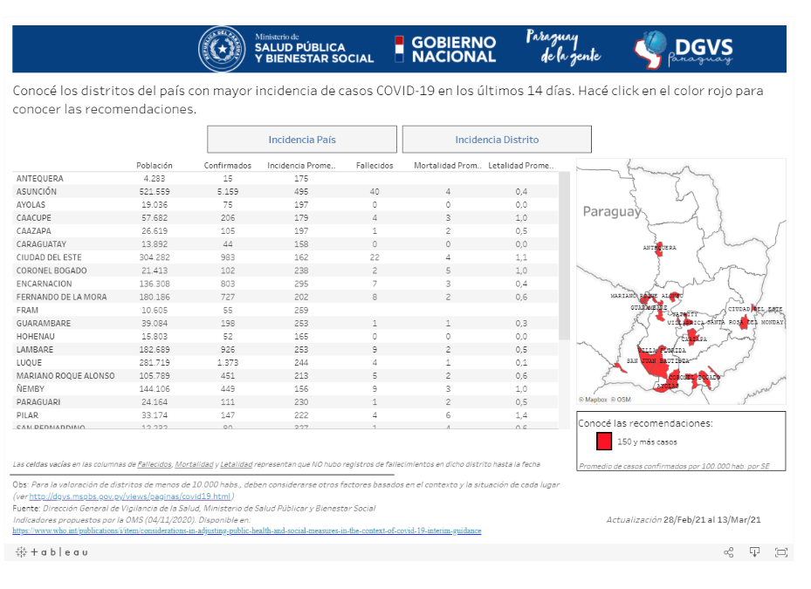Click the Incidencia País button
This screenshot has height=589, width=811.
pyautogui.click(x=301, y=140)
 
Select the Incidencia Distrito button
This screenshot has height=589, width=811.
pyautogui.click(x=497, y=140)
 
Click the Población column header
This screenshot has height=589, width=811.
pyautogui.click(x=155, y=165)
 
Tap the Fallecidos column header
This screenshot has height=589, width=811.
pyautogui.click(x=375, y=165)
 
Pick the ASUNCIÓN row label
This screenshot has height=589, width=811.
pyautogui.click(x=37, y=191)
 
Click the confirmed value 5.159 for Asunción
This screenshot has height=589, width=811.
pyautogui.click(x=228, y=191)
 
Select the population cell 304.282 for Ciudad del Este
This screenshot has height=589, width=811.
pyautogui.click(x=155, y=257)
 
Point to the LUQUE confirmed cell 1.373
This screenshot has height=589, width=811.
pyautogui.click(x=228, y=362)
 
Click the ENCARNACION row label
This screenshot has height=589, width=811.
pyautogui.click(x=44, y=284)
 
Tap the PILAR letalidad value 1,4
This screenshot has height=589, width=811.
pyautogui.click(x=521, y=415)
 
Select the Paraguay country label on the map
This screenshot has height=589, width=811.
pyautogui.click(x=611, y=211)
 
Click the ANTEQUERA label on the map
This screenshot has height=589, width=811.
pyautogui.click(x=659, y=248)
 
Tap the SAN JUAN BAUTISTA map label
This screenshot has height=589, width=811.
pyautogui.click(x=657, y=360)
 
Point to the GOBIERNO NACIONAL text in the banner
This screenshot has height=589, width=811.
pyautogui.click(x=453, y=49)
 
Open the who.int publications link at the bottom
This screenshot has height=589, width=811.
pyautogui.click(x=246, y=531)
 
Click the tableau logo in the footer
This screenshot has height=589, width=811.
pyautogui.click(x=52, y=552)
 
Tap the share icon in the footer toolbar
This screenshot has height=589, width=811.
pyautogui.click(x=729, y=552)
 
